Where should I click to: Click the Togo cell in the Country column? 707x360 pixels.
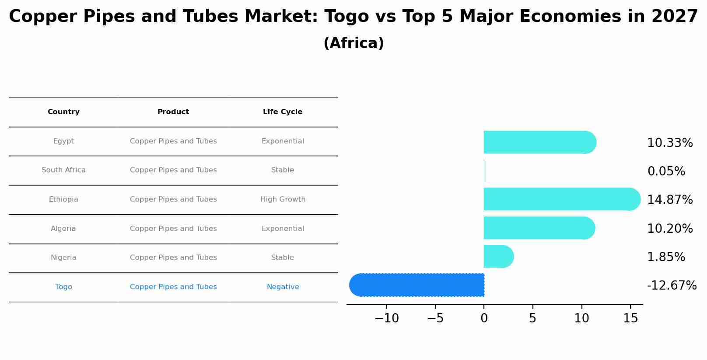click(63, 287)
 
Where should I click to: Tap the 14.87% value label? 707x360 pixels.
click(669, 200)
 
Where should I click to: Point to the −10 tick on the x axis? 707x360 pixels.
click(386, 318)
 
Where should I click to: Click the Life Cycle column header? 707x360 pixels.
click(282, 112)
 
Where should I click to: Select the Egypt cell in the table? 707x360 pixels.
click(63, 141)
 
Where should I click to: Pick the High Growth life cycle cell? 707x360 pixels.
click(283, 199)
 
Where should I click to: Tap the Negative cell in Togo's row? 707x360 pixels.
click(283, 287)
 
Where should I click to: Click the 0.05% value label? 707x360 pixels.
click(666, 171)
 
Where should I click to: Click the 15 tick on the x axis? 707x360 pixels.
click(630, 318)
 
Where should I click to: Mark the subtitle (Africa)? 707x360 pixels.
click(353, 43)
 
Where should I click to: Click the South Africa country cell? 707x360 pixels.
click(63, 170)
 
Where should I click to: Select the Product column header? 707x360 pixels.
click(173, 112)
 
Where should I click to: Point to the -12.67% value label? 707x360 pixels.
click(671, 286)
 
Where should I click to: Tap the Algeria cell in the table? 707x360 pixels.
click(63, 229)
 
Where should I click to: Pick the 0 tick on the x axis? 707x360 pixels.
click(484, 318)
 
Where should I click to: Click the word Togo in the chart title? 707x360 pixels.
click(346, 17)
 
